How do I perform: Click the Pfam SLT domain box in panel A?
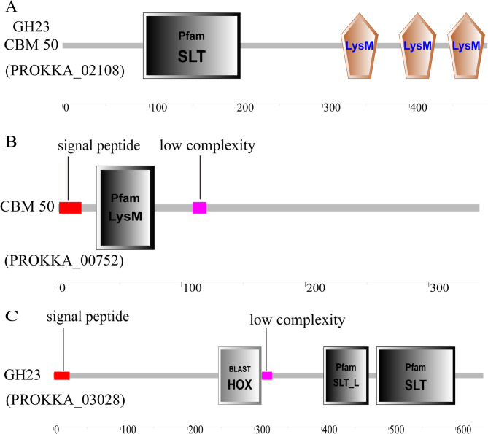193,45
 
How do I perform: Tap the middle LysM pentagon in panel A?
417,45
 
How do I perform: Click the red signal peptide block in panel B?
70,208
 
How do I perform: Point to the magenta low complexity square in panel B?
199,208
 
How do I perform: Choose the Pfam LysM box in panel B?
125,208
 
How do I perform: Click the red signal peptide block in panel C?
62,376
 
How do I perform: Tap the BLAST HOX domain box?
239,376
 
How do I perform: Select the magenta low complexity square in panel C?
267,376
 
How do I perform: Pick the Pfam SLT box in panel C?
416,375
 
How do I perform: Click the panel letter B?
11,142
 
